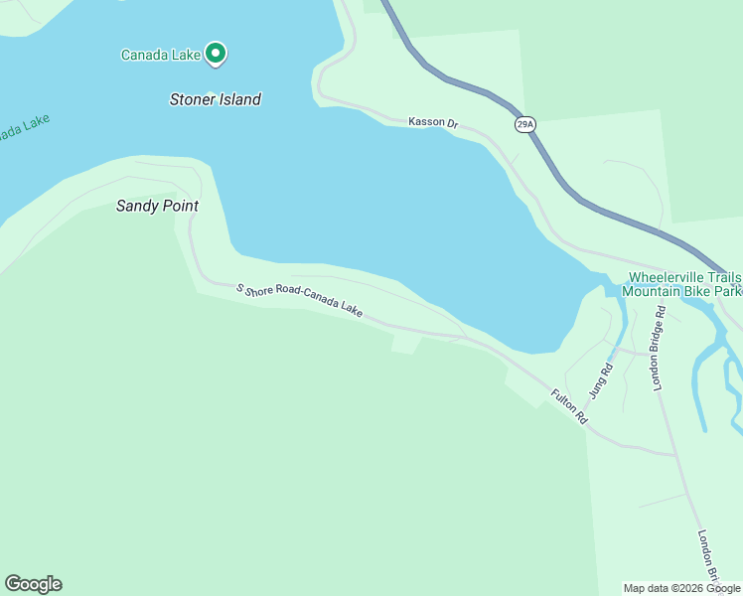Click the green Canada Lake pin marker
click(x=216, y=54)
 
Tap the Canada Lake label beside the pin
click(x=161, y=55)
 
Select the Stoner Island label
click(x=216, y=99)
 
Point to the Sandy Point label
click(x=157, y=207)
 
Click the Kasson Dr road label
click(x=432, y=123)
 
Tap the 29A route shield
click(x=524, y=124)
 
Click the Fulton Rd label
click(x=569, y=407)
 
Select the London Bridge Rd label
click(x=659, y=348)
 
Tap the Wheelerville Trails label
click(x=684, y=277)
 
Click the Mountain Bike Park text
click(x=681, y=292)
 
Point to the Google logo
click(x=33, y=584)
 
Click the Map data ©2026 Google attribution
click(x=681, y=588)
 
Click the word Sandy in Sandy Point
click(x=136, y=207)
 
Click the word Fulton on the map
click(x=563, y=401)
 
